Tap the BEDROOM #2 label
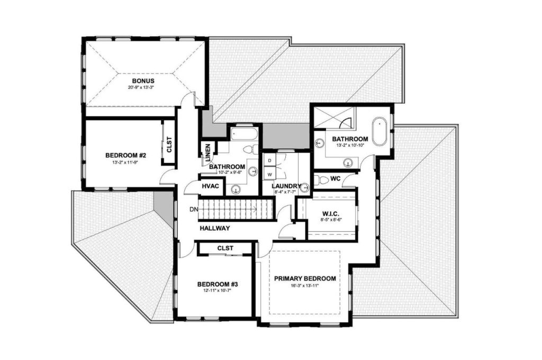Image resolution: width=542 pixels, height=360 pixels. coord(125,155)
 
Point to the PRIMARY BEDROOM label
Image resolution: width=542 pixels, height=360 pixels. coord(305,278)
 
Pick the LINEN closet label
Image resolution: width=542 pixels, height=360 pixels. coord(208,153)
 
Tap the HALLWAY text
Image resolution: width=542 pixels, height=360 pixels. coord(214,228)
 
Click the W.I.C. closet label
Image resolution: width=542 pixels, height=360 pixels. coord(331,214)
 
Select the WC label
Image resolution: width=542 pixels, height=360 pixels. coord(335,178)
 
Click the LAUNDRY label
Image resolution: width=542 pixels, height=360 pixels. coord(286,186)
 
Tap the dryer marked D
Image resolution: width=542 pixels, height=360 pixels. coord(269,160)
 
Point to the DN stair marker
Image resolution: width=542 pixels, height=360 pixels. coord(194,209)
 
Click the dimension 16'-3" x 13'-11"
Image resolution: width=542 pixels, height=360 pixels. coord(305,286)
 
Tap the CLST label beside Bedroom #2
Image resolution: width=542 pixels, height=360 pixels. coord(169,145)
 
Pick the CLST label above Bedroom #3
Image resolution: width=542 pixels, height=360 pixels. coord(225,248)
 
